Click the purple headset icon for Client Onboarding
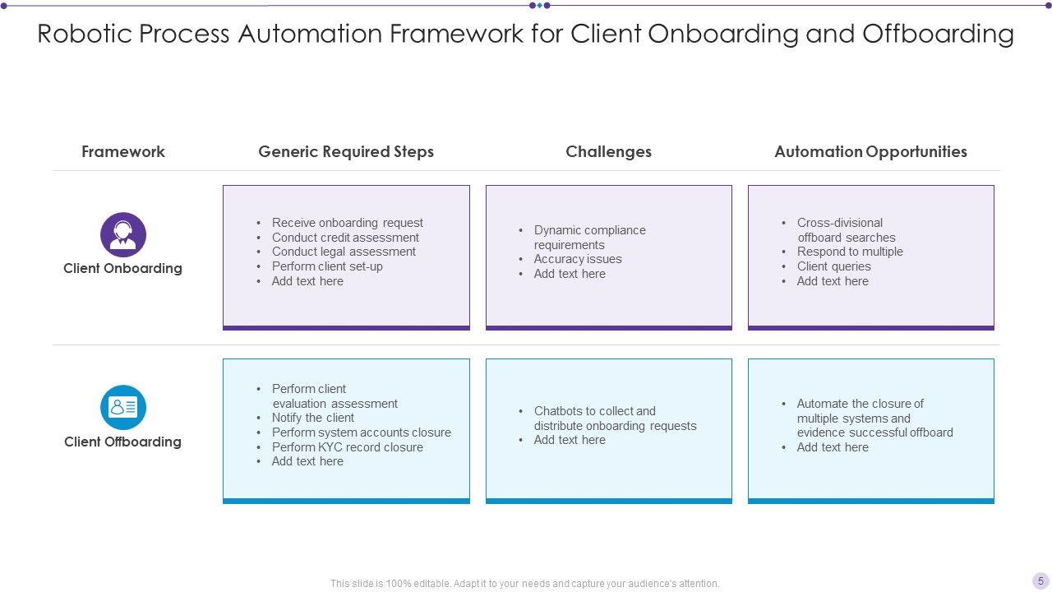pos(123,235)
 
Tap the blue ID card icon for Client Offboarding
pos(123,407)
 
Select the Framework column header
pos(123,151)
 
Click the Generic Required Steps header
pos(346,151)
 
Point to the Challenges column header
pos(608,151)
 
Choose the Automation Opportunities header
pos(870,151)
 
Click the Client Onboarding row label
pos(122,268)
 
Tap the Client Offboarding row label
pos(122,442)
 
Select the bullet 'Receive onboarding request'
pos(347,223)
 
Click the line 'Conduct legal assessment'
pos(344,252)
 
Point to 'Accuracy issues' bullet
pos(578,259)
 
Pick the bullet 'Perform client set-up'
pos(327,266)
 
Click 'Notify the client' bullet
pos(313,418)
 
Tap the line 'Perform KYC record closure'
pos(348,447)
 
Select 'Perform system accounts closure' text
pos(362,432)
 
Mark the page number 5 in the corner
pos(1040,580)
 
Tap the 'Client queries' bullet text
pos(833,266)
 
